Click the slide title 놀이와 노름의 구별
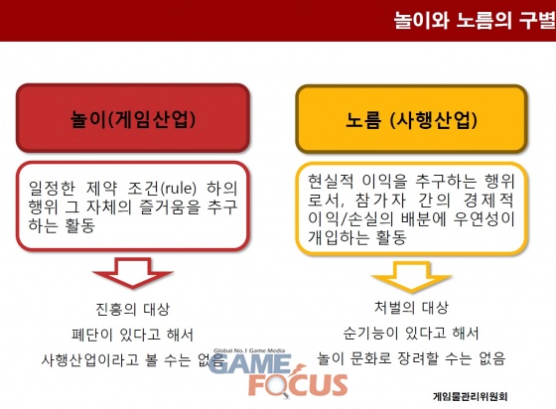click(x=475, y=20)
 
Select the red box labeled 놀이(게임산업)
click(x=133, y=118)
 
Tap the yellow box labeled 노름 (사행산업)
click(x=411, y=119)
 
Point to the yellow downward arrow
click(x=411, y=277)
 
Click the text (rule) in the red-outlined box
click(x=179, y=189)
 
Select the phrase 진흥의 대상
click(x=133, y=309)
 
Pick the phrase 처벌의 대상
click(x=411, y=308)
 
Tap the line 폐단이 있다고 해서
click(x=133, y=335)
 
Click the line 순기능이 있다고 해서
click(x=411, y=333)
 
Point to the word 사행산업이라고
click(x=90, y=359)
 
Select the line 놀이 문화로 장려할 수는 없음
click(x=411, y=358)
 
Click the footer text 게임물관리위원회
click(x=471, y=396)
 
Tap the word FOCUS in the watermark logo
click(x=299, y=385)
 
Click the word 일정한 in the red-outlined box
click(x=52, y=189)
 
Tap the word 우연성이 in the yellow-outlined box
click(x=485, y=218)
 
